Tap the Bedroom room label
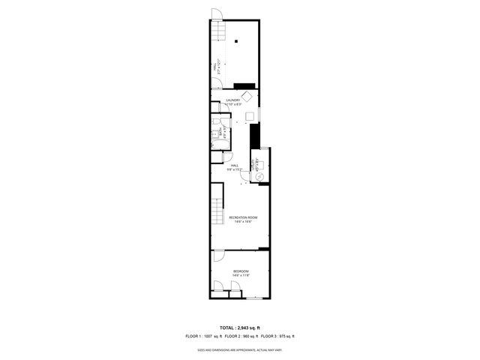coord(240,271)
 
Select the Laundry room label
coord(233,100)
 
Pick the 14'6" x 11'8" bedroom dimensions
coord(240,275)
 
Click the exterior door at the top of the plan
coord(216,14)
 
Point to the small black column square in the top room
coord(235,41)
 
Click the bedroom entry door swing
coord(217,256)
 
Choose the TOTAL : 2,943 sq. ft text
coord(240,328)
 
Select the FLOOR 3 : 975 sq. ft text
coord(277,337)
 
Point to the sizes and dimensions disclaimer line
coord(240,349)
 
